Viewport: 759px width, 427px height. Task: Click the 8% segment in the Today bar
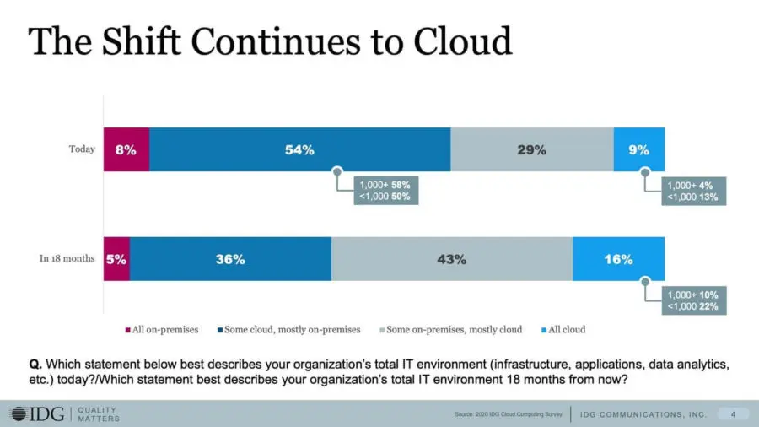126,150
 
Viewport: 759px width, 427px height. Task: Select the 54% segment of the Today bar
299,150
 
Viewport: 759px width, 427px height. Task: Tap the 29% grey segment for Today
531,150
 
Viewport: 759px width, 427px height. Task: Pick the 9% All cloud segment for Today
638,150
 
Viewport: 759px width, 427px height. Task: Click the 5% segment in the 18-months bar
116,259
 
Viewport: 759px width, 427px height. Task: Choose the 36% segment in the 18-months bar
229,259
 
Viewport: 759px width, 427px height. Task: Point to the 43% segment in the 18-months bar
451,259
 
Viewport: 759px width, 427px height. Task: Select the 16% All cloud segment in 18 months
618,259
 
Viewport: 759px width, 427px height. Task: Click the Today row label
82,150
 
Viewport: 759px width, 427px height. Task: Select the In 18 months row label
67,259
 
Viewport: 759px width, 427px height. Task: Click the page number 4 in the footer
733,413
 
